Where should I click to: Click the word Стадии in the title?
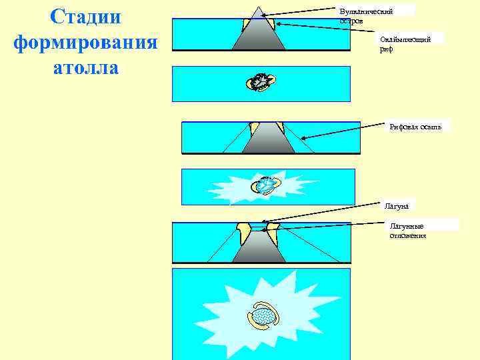click(85, 18)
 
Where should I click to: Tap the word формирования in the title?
click(85, 43)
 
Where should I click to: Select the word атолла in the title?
click(85, 67)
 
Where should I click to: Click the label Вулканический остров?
click(366, 16)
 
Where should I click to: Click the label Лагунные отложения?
click(407, 231)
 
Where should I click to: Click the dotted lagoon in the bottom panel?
click(264, 315)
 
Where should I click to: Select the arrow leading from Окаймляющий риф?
click(327, 31)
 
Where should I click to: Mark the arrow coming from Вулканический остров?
click(300, 13)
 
